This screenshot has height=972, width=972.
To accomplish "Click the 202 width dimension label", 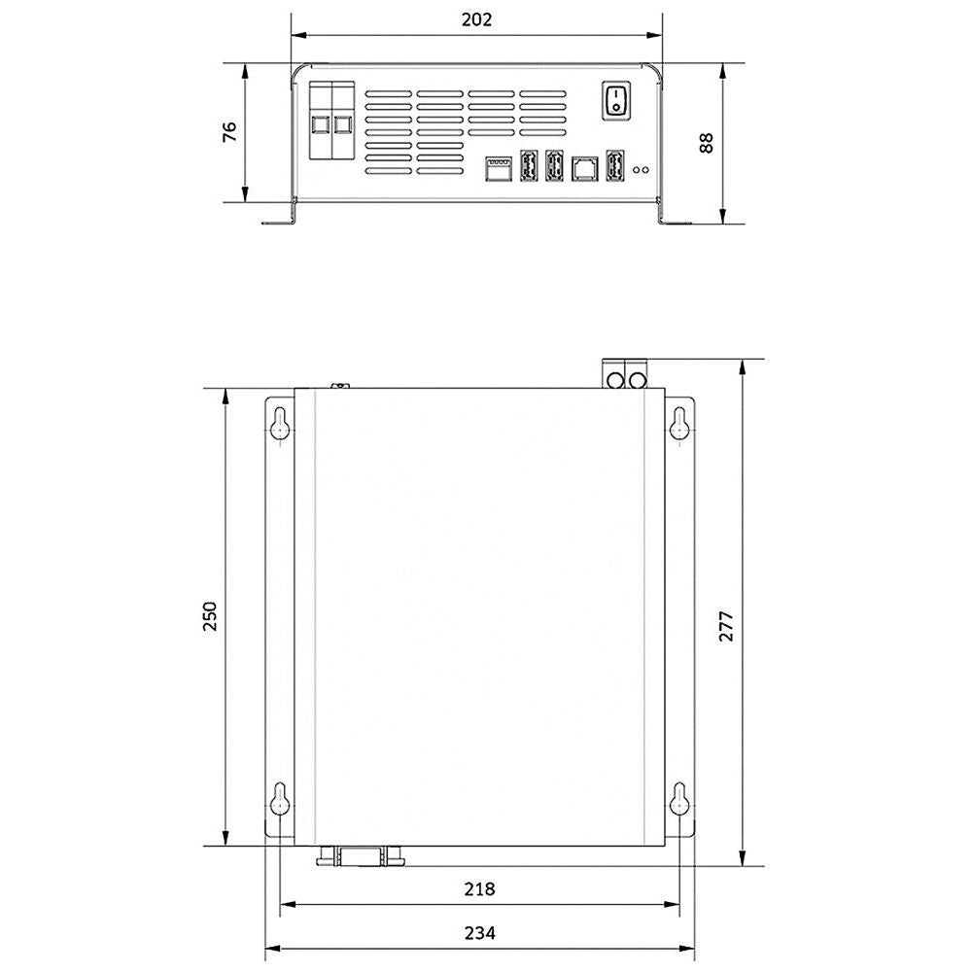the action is click(476, 19).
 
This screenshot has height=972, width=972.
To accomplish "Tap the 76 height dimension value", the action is click(230, 131).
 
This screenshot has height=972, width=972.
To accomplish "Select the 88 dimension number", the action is click(706, 142).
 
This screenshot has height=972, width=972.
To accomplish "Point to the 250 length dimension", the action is click(210, 615).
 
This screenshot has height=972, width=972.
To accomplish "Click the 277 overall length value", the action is click(726, 625).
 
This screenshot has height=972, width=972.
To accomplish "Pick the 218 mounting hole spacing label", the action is click(479, 889).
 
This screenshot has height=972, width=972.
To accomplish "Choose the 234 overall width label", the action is click(479, 932).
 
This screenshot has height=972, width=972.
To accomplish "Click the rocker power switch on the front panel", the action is click(616, 99).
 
